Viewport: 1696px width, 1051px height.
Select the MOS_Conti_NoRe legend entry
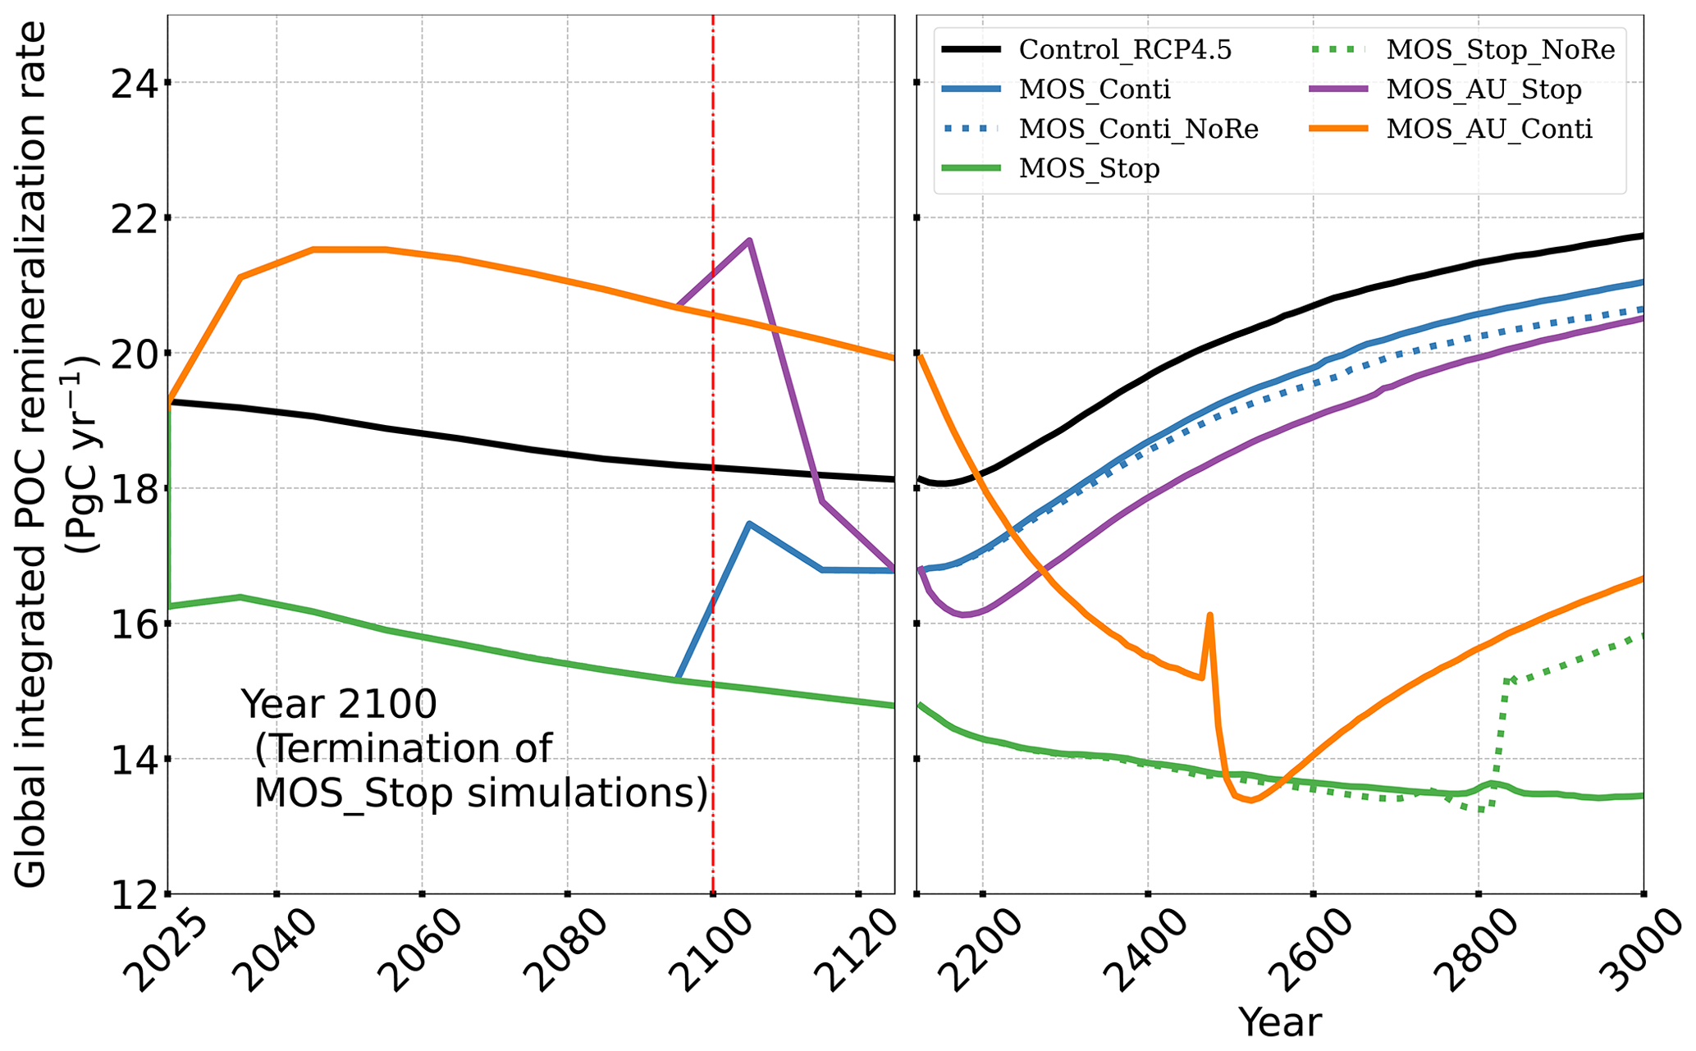pos(1138,129)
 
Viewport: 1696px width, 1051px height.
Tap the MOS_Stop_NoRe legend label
pos(1500,49)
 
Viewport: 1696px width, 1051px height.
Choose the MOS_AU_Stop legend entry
pos(1483,89)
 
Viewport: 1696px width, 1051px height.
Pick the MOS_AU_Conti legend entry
pos(1488,129)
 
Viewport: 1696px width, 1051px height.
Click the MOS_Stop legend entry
pos(1089,168)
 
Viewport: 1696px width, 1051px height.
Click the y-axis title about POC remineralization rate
pos(33,455)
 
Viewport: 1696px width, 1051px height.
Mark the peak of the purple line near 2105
pos(749,240)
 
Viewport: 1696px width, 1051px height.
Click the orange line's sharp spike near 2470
pos(1209,615)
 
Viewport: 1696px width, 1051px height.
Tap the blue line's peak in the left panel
pos(749,523)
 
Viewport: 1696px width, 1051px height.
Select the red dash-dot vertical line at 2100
pos(713,410)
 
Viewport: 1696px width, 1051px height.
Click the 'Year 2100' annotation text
pos(339,704)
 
